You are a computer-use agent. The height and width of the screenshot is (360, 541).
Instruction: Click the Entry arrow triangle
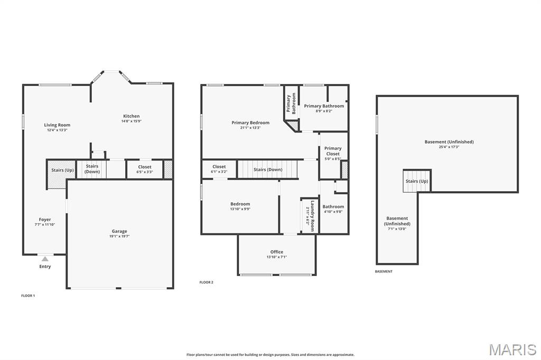(x=45, y=259)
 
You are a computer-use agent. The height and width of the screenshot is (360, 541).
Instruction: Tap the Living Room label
(x=57, y=125)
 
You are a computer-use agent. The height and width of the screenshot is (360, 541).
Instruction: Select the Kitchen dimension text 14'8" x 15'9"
(x=132, y=121)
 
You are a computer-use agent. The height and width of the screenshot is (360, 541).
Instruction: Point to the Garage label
(x=119, y=231)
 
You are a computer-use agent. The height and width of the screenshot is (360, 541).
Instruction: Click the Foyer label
(x=45, y=219)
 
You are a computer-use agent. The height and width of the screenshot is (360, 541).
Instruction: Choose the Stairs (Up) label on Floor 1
(x=62, y=170)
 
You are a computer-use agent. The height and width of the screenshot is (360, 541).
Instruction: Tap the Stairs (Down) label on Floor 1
(x=92, y=169)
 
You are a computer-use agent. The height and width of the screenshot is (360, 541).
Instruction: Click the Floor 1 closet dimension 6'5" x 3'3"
(x=145, y=172)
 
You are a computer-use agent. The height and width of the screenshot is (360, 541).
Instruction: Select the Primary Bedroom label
(x=250, y=122)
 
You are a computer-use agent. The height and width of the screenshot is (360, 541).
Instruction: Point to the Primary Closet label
(x=333, y=151)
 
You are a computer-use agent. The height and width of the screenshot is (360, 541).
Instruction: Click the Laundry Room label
(x=313, y=216)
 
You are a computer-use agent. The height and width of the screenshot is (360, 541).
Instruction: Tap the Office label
(x=277, y=252)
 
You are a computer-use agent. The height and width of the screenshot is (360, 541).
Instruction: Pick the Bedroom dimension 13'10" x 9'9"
(x=240, y=209)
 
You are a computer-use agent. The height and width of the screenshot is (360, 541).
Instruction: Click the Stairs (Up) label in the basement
(x=417, y=181)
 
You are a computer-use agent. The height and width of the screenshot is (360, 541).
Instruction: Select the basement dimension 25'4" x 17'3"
(x=449, y=147)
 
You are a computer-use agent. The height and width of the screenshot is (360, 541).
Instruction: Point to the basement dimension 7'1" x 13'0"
(x=397, y=229)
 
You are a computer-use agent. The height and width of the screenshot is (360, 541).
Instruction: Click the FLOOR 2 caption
(x=207, y=282)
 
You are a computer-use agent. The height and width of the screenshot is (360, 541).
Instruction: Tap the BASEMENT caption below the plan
(x=384, y=271)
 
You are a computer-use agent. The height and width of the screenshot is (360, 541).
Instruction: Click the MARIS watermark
(x=512, y=349)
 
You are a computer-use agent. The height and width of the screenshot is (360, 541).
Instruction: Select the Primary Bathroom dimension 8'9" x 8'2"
(x=324, y=111)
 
